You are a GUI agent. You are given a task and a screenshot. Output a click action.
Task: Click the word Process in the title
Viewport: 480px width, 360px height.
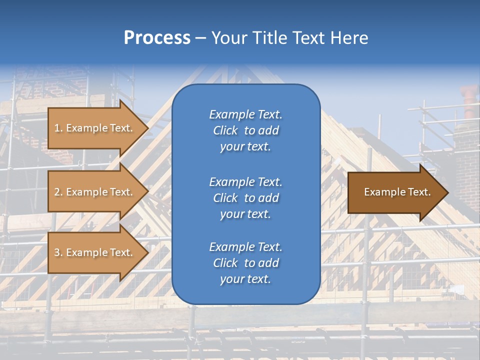[157, 38]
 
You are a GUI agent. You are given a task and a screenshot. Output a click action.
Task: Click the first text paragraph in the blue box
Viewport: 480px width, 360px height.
[245, 130]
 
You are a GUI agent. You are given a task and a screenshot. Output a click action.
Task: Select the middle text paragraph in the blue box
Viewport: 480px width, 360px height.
[245, 198]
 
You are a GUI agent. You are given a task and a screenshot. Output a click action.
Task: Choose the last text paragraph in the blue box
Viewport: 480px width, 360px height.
[245, 263]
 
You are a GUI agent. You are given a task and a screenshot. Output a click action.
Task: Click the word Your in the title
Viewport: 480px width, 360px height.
[228, 38]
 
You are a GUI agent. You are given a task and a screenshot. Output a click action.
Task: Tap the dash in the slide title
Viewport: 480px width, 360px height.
[200, 38]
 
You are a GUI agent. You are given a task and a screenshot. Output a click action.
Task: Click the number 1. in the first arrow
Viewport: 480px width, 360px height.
[58, 128]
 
